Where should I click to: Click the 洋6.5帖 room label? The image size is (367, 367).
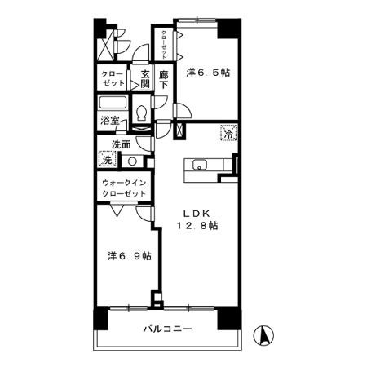pos(208,73)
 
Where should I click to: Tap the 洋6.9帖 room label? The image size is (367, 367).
pos(129,255)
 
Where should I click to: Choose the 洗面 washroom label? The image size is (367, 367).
pos(121,146)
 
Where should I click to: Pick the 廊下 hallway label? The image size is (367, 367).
pos(164,78)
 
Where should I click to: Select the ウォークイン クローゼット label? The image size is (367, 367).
pos(123,188)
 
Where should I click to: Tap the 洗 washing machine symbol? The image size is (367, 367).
pos(108,161)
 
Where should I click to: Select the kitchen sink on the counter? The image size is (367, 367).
pos(200,166)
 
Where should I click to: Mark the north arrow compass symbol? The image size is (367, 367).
pos(264,334)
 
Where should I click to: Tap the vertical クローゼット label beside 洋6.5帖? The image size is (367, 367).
pos(164,40)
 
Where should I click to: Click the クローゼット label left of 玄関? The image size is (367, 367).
pos(113,79)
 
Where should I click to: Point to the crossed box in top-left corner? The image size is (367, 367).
pos(105,45)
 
